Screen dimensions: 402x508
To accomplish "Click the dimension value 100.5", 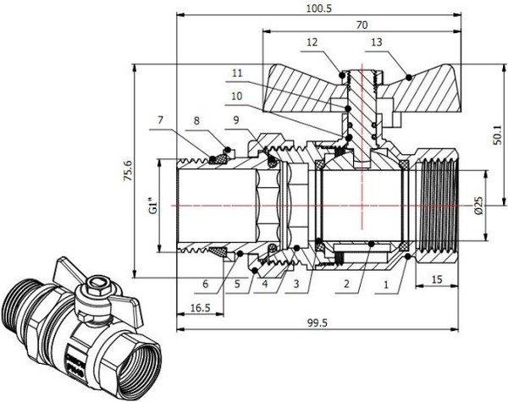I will pos(319,8).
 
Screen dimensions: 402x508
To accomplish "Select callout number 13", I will pos(376,41).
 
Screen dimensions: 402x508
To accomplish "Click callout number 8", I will pos(198,122).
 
